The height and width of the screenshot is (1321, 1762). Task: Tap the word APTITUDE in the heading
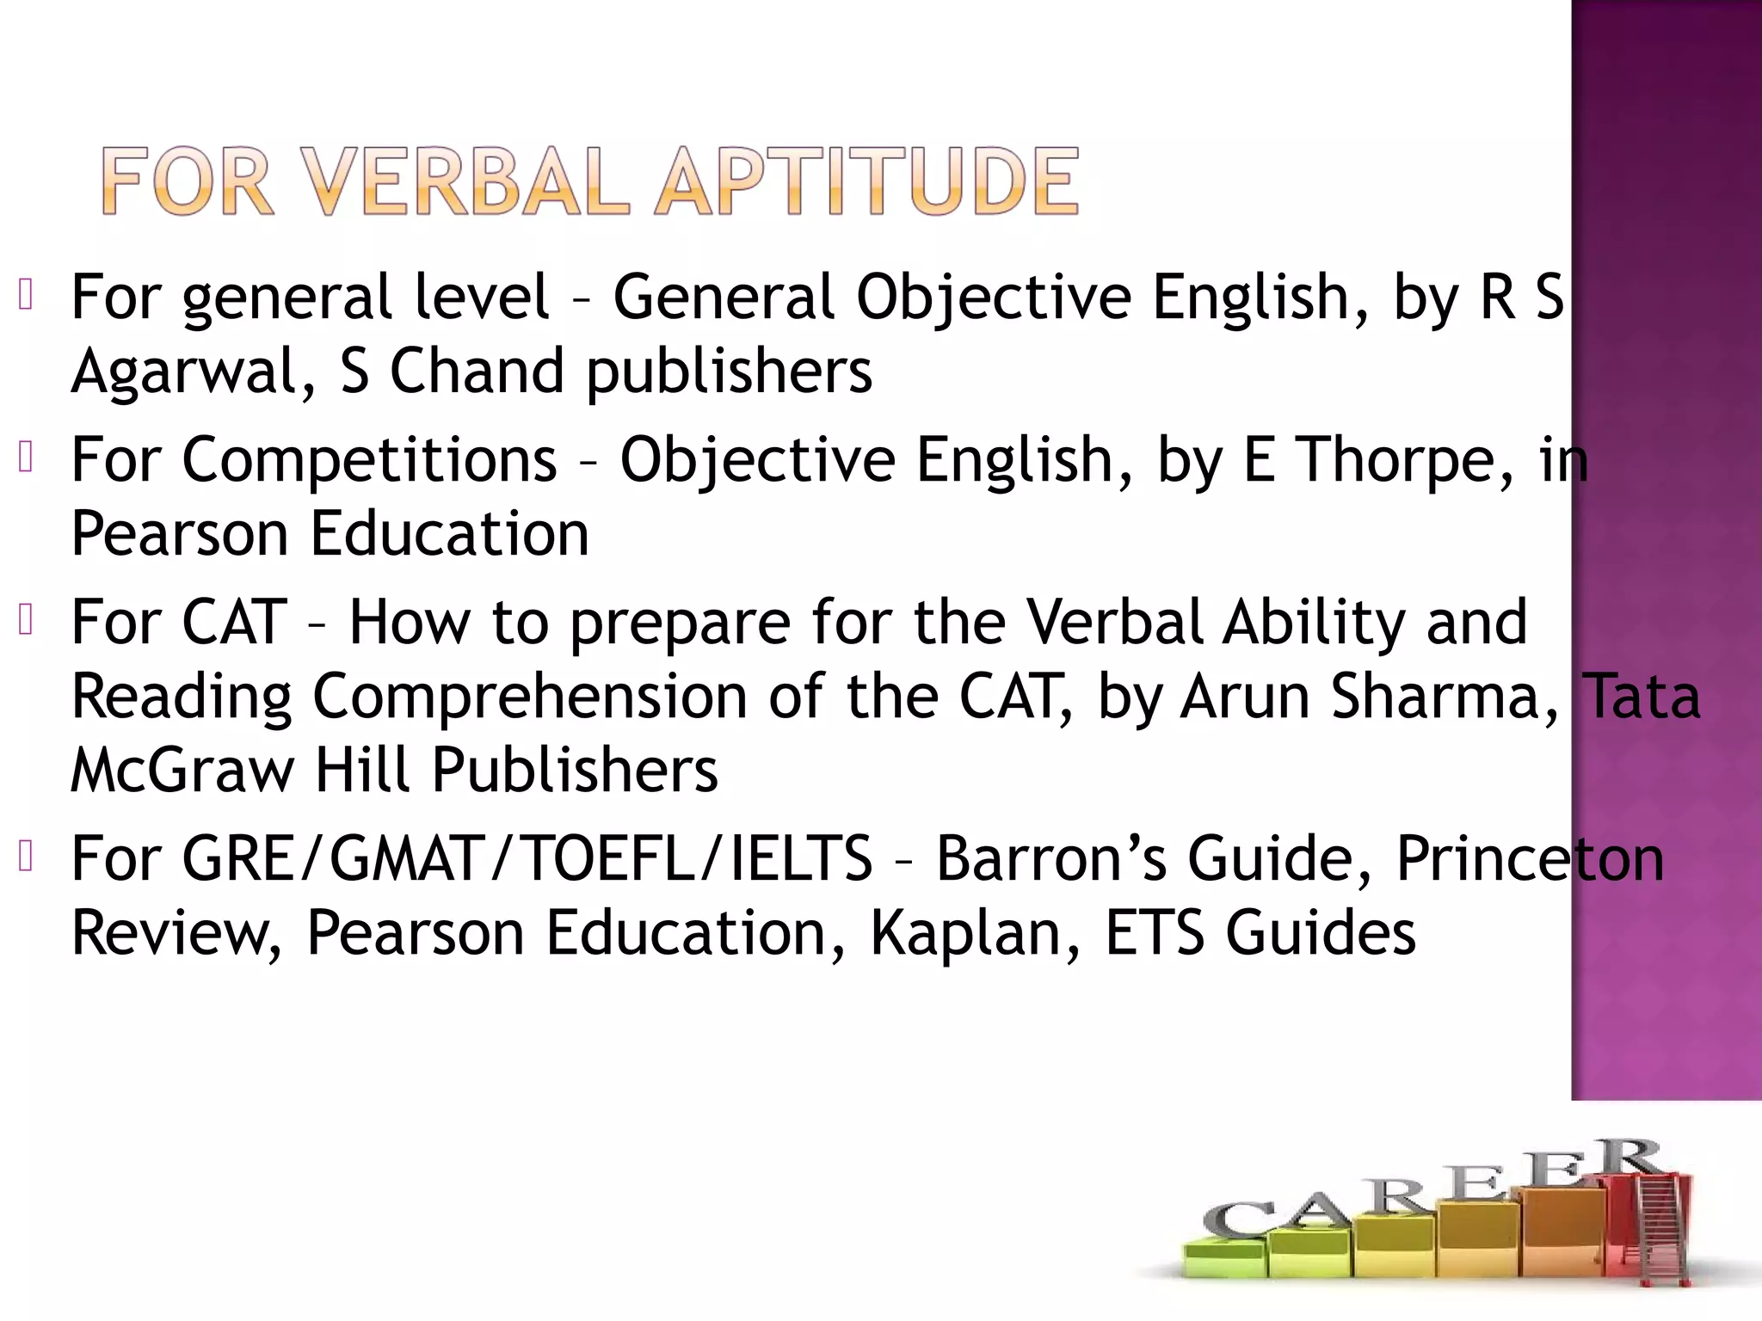tap(866, 181)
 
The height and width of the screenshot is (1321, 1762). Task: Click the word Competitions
tap(369, 459)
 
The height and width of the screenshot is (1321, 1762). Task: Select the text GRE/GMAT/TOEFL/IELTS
tap(527, 858)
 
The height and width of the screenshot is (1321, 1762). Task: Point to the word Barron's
tap(1050, 858)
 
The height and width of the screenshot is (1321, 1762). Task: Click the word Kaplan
tap(976, 932)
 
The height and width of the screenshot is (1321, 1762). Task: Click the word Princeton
tap(1530, 858)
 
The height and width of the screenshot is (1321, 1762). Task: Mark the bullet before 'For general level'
tap(25, 295)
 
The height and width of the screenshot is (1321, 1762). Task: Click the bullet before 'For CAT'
tap(25, 620)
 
